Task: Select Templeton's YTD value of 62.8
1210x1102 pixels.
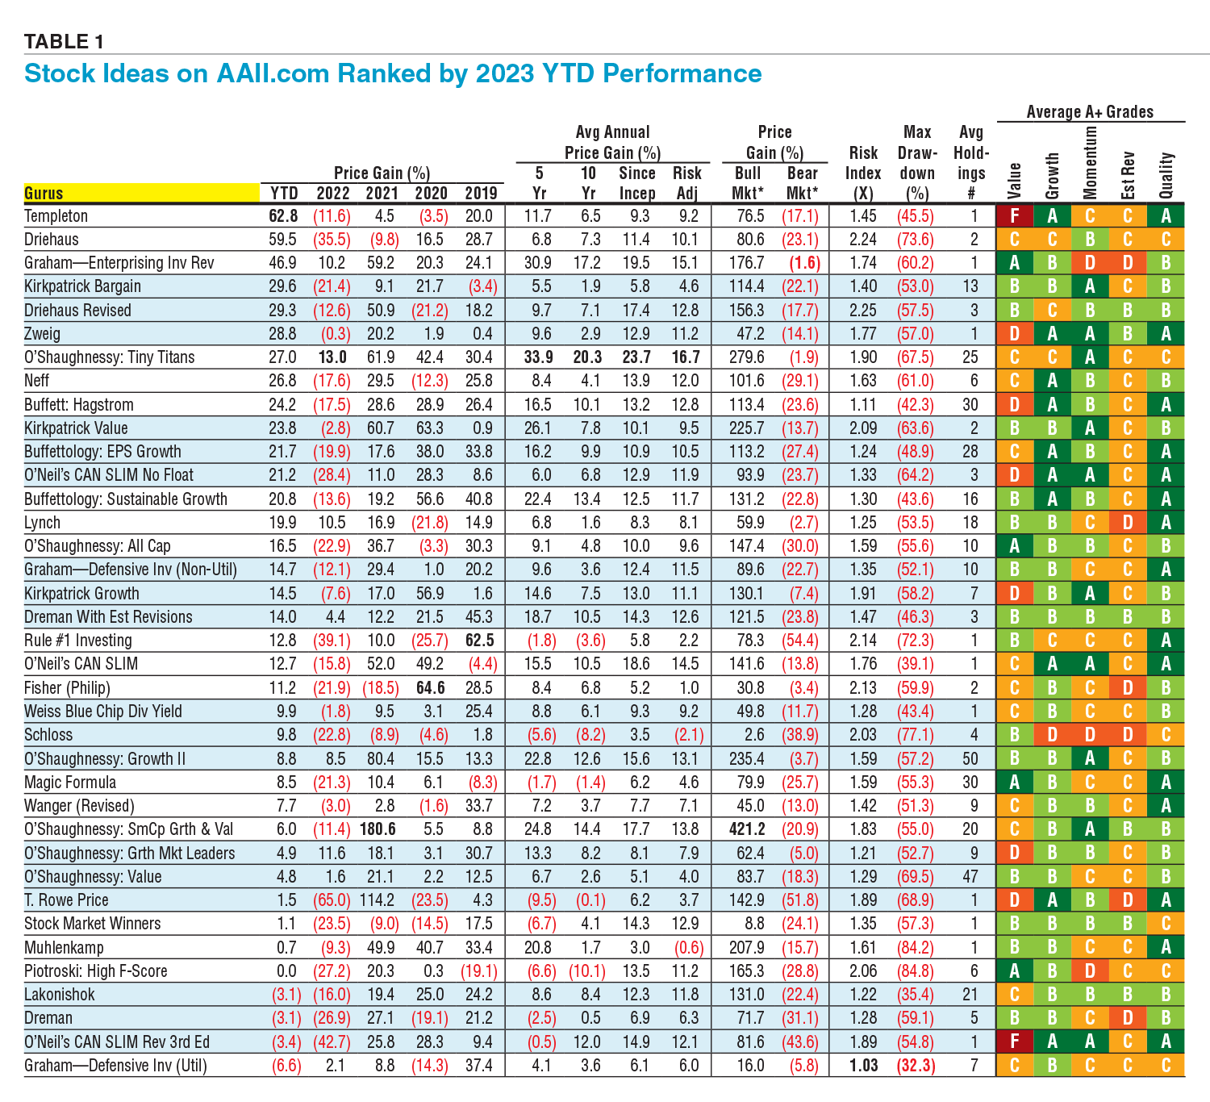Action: click(x=283, y=216)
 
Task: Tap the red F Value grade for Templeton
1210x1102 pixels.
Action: click(x=1015, y=216)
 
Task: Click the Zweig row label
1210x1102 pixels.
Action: click(x=43, y=334)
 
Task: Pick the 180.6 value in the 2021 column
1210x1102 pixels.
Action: click(x=381, y=829)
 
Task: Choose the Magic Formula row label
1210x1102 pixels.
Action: click(x=70, y=783)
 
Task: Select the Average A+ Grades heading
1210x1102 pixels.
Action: click(x=1090, y=112)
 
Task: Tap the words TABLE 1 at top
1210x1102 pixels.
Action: click(x=64, y=41)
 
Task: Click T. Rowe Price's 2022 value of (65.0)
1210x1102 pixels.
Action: click(x=332, y=900)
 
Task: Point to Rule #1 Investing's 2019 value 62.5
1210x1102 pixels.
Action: click(x=479, y=641)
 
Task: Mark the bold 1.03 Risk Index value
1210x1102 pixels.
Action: click(x=863, y=1066)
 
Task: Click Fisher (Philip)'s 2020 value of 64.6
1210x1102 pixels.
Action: click(x=431, y=688)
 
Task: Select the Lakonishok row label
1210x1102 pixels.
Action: click(x=60, y=995)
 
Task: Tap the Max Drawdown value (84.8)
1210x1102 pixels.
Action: click(x=916, y=971)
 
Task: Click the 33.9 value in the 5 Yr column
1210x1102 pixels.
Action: click(x=538, y=357)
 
